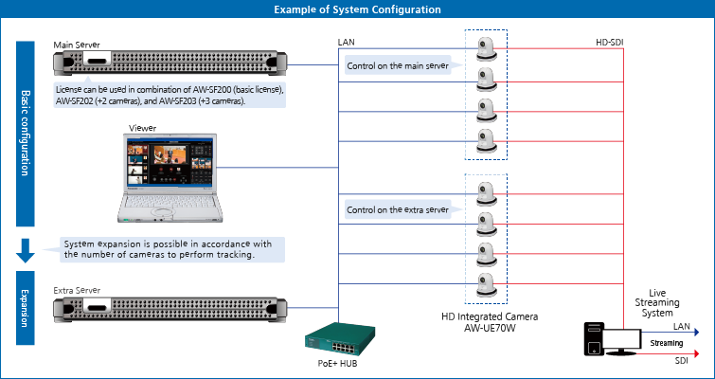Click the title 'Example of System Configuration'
pyautogui.click(x=357, y=9)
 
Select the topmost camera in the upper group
pyautogui.click(x=487, y=49)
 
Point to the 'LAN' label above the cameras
pyautogui.click(x=347, y=42)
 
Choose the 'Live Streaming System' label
pyautogui.click(x=661, y=303)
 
